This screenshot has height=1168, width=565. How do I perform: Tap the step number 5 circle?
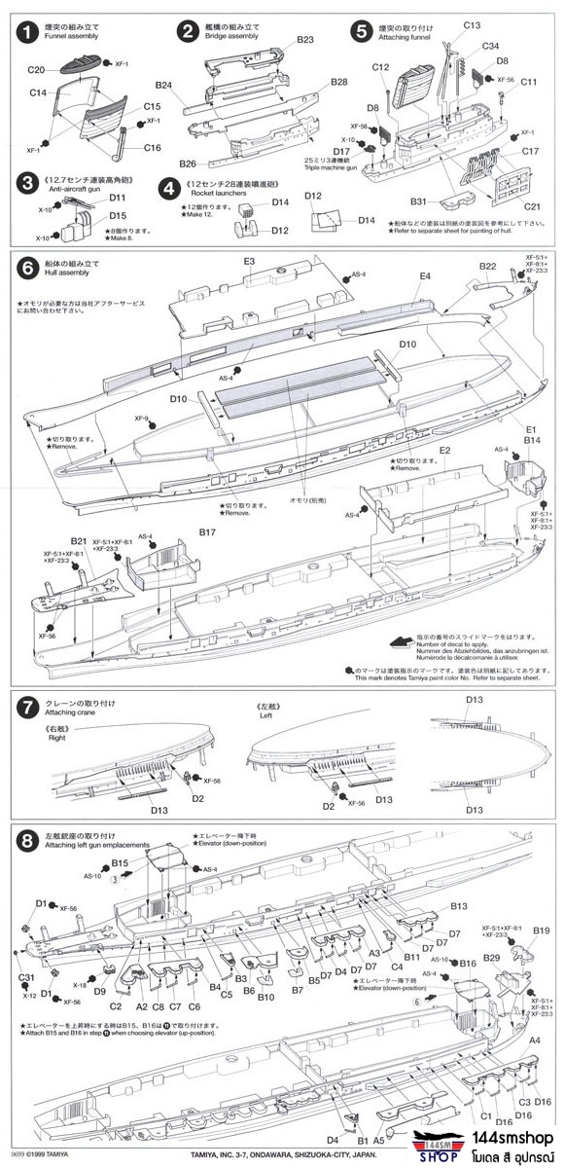362,31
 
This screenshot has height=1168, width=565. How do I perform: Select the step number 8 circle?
26,839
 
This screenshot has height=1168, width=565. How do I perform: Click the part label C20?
37,70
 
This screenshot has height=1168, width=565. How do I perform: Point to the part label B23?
304,40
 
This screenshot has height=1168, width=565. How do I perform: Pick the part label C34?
490,46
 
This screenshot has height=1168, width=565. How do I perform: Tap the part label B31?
417,201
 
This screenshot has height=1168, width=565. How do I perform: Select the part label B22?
488,266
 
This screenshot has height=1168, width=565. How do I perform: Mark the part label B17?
206,532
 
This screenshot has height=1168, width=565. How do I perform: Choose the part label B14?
530,440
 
